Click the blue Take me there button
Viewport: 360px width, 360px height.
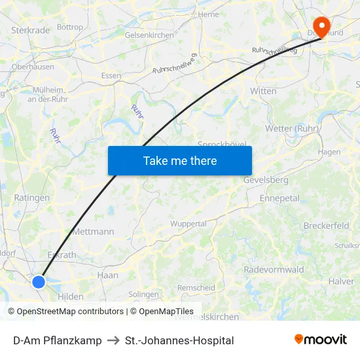[x=180, y=160]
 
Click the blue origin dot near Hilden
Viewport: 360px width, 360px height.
[x=39, y=281]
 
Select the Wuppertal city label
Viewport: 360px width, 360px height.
[x=188, y=223]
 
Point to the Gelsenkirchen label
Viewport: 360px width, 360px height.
[x=149, y=35]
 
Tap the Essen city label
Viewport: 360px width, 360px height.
[x=111, y=75]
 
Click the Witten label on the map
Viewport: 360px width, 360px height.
[x=263, y=91]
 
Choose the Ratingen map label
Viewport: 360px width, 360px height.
[x=31, y=197]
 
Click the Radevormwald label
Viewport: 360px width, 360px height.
[x=274, y=270]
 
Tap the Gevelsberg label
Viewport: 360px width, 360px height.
[x=266, y=179]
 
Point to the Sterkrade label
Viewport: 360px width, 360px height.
[x=31, y=30]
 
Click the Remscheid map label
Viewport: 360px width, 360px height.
[x=196, y=287]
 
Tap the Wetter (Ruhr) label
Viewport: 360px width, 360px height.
[x=292, y=128]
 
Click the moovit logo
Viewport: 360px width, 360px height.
[x=321, y=340]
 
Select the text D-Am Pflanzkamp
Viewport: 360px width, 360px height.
[x=58, y=340]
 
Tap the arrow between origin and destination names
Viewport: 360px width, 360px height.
[x=113, y=340]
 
